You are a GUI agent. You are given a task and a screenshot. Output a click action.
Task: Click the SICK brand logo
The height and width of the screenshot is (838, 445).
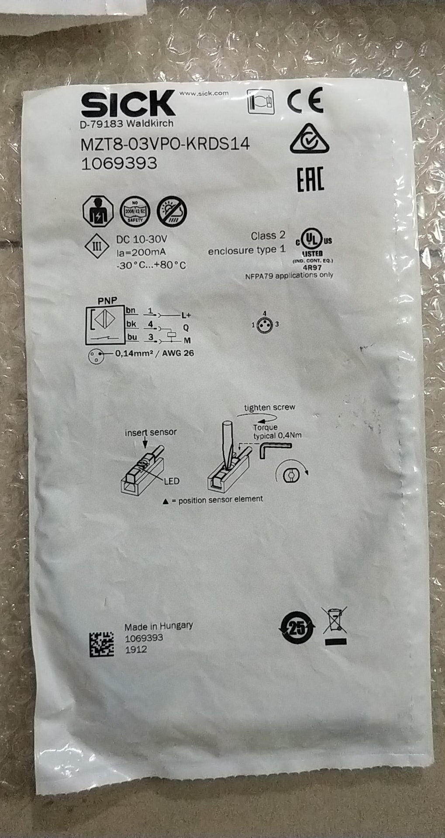pyautogui.click(x=128, y=104)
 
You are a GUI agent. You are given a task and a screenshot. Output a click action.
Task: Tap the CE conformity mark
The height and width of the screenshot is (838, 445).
pyautogui.click(x=305, y=100)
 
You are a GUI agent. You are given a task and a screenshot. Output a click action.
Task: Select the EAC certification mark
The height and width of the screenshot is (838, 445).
pyautogui.click(x=310, y=179)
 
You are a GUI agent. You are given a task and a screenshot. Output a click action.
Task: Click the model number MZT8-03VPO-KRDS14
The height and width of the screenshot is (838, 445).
pyautogui.click(x=166, y=144)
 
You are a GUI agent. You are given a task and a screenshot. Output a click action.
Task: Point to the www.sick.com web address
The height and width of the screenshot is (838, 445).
pyautogui.click(x=204, y=93)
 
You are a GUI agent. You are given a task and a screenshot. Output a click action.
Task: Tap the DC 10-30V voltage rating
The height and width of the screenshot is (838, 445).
pyautogui.click(x=142, y=240)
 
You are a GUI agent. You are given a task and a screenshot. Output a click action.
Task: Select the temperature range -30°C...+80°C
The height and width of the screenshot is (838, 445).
pyautogui.click(x=151, y=265)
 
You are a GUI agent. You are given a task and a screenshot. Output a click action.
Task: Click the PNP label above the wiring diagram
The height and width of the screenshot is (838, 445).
pyautogui.click(x=107, y=301)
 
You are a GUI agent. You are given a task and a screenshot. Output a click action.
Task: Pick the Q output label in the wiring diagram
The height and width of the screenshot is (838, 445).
pyautogui.click(x=186, y=327)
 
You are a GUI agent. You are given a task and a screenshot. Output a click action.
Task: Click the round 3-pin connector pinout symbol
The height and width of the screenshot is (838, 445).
pyautogui.click(x=265, y=324)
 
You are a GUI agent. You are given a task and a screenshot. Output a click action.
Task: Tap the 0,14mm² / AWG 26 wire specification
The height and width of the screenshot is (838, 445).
pyautogui.click(x=154, y=353)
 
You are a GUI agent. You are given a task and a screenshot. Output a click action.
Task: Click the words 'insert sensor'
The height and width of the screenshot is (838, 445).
pyautogui.click(x=151, y=433)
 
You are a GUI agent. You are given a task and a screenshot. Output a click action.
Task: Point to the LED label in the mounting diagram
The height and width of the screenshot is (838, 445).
pyautogui.click(x=172, y=481)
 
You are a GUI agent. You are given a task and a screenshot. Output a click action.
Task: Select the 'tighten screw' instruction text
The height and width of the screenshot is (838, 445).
pyautogui.click(x=269, y=408)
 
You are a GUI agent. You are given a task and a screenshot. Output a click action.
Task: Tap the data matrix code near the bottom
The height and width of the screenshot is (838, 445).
pyautogui.click(x=102, y=644)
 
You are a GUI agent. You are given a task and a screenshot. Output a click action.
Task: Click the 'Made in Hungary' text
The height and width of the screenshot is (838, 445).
pyautogui.click(x=159, y=626)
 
